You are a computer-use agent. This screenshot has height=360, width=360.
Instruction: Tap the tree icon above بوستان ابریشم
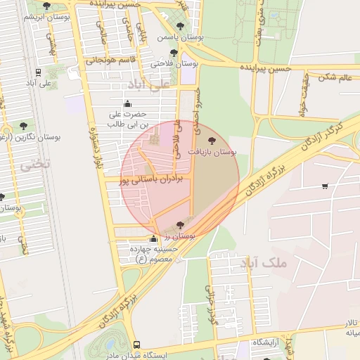pos(46,6)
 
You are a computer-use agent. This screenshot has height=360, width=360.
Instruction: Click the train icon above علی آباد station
pos(38,72)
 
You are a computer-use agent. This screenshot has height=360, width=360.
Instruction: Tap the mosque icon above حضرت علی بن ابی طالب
pos(137,104)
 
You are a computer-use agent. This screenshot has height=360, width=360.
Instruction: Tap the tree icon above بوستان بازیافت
pos(213,141)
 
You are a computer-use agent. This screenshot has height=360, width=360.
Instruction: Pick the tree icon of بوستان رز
pos(180,225)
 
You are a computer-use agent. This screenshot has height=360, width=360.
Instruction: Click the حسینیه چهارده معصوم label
pos(153,254)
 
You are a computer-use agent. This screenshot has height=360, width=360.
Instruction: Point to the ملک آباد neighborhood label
pos(264,264)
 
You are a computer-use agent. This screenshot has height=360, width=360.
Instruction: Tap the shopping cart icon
pos(324,186)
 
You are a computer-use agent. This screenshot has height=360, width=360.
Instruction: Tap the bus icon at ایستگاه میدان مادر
pos(136,345)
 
